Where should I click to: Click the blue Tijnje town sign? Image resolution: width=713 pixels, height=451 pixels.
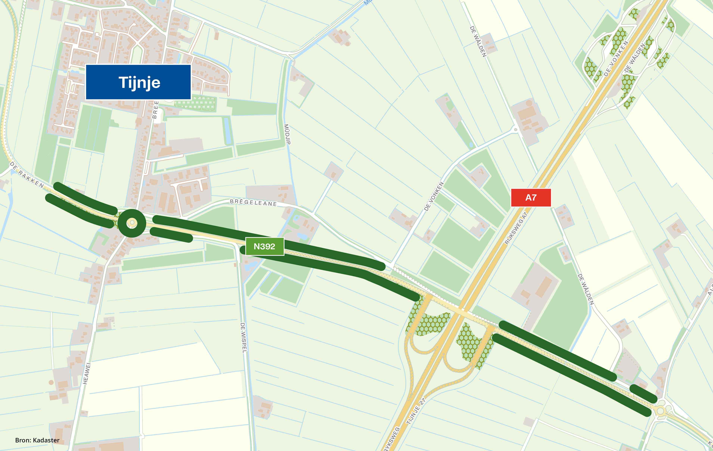(x=138, y=82)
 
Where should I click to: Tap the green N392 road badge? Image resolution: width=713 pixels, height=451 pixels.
(x=264, y=246)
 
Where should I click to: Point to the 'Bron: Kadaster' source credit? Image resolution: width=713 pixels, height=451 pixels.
(x=37, y=440)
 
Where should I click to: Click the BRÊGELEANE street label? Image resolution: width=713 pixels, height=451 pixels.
(x=253, y=202)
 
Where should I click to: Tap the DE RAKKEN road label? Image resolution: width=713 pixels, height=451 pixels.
(x=27, y=175)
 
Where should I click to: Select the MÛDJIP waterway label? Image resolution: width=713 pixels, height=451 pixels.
(x=287, y=134)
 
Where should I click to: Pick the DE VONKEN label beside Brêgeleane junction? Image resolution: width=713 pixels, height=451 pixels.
(x=434, y=196)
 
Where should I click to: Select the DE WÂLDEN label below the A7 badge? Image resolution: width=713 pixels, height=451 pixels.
(x=586, y=289)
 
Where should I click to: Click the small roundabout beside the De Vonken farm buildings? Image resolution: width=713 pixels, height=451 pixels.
(x=515, y=129)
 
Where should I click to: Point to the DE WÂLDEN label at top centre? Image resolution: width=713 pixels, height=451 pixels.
(x=478, y=41)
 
